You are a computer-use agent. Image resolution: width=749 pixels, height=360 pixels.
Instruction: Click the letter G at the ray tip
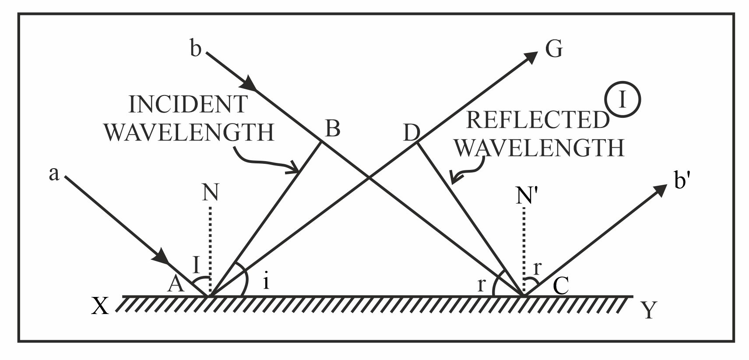click(554, 49)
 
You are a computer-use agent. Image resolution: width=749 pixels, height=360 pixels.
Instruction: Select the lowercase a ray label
click(54, 174)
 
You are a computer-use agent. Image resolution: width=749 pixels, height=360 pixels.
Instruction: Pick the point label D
click(411, 132)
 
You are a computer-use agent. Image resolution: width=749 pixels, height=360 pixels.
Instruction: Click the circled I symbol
click(623, 100)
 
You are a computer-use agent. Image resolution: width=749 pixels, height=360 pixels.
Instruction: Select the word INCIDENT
click(188, 105)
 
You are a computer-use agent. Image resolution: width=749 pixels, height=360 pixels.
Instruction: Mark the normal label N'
click(526, 197)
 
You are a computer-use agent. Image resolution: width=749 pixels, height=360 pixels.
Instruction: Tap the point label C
click(561, 286)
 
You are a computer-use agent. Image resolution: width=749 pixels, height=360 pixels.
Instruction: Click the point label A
click(176, 285)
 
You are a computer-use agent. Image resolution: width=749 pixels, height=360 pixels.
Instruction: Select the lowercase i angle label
click(266, 282)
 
